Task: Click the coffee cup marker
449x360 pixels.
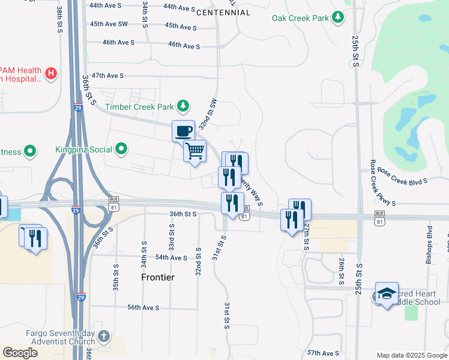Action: point(184,130)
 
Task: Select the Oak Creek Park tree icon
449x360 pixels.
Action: point(339,17)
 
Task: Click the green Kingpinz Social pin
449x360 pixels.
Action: point(122,148)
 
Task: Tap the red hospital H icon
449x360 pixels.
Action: point(51,74)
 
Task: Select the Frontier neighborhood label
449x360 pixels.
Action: point(158,277)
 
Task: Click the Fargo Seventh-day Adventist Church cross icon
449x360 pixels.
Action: point(104,336)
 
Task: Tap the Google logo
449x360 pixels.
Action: point(20,352)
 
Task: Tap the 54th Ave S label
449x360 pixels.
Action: point(171,257)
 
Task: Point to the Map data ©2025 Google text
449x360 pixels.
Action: point(411,355)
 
